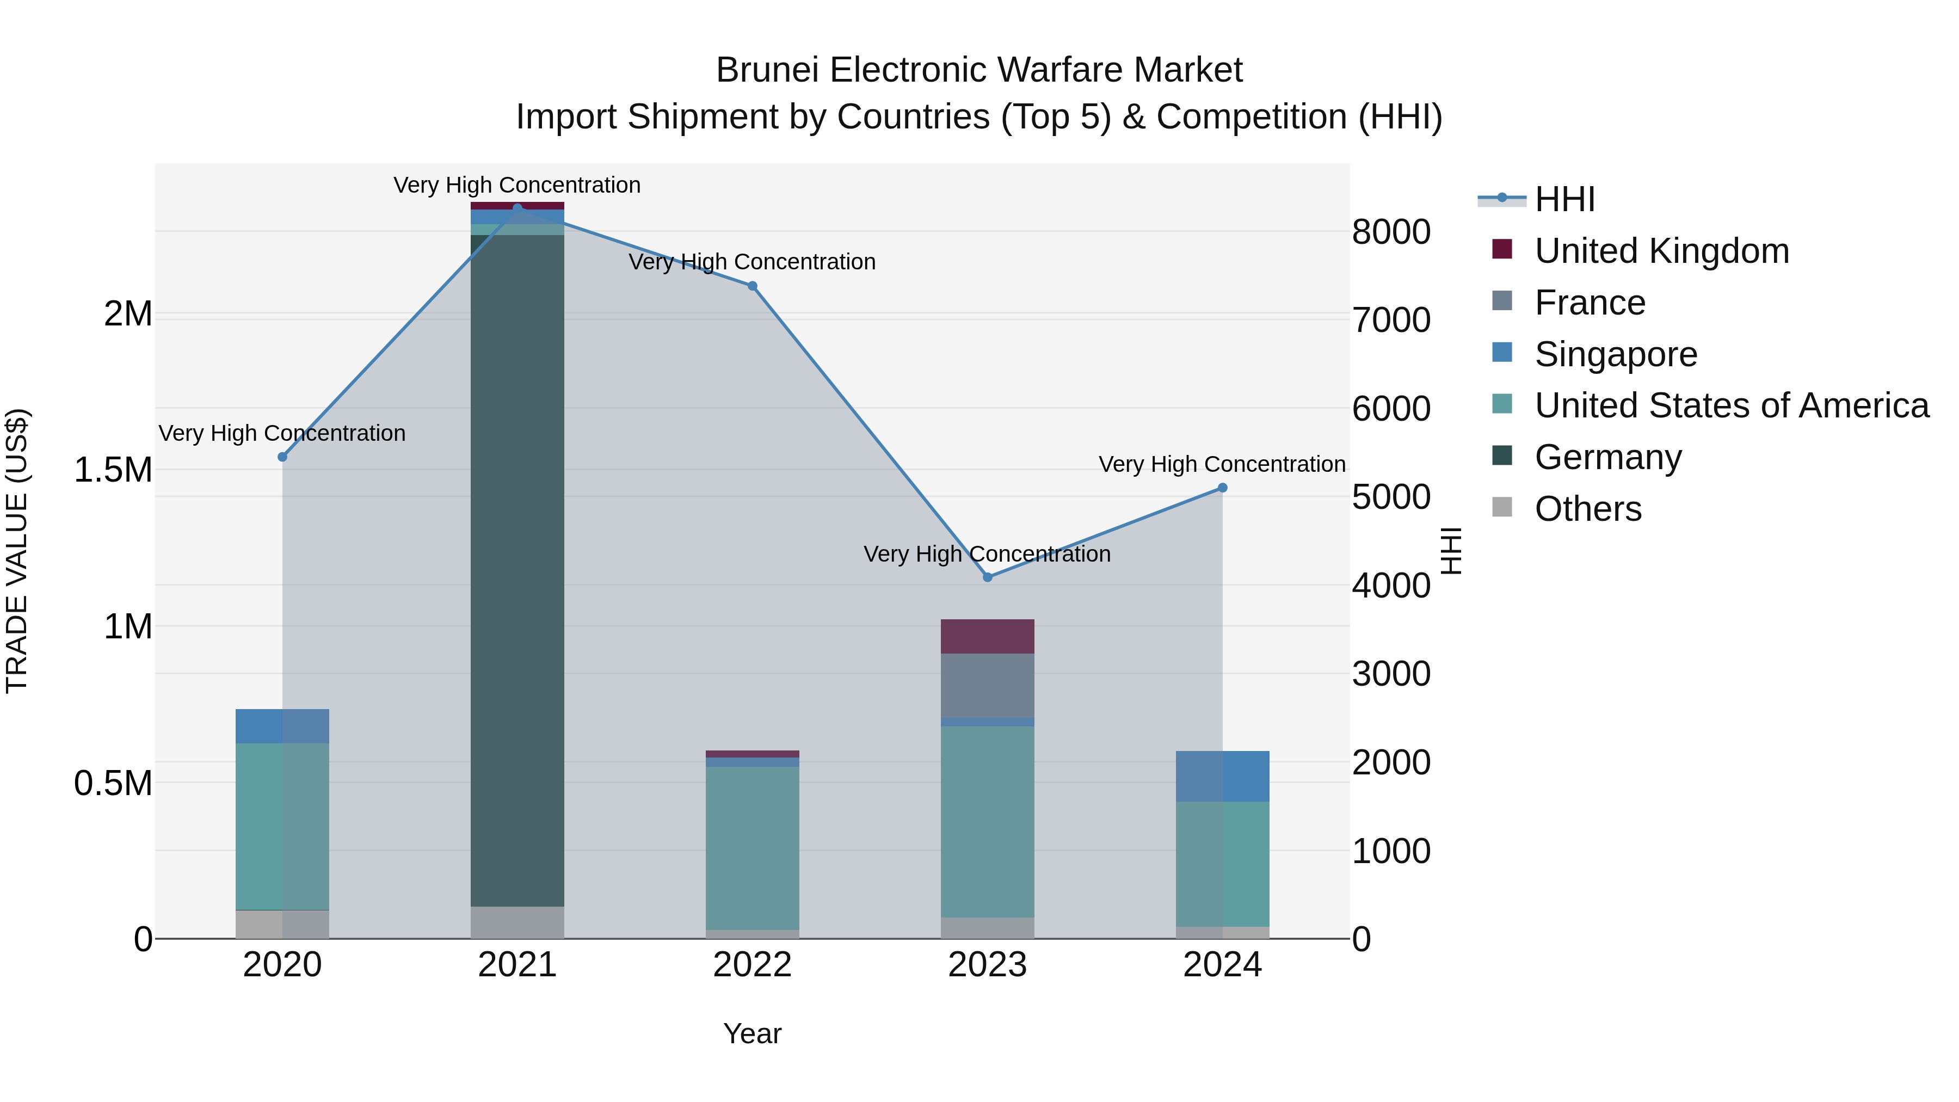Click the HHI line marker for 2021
(517, 208)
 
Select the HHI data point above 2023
(987, 577)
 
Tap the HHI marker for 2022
(752, 286)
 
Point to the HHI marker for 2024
(1222, 488)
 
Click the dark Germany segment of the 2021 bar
(517, 570)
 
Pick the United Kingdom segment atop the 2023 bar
(987, 636)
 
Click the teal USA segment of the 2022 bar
(752, 847)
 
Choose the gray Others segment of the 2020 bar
(282, 924)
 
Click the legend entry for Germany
(1607, 457)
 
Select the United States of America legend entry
(1731, 405)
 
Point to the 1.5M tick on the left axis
(113, 470)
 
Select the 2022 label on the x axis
(752, 965)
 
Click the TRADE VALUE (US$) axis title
(17, 551)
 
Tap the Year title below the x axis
(752, 1033)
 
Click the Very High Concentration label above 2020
(282, 433)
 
